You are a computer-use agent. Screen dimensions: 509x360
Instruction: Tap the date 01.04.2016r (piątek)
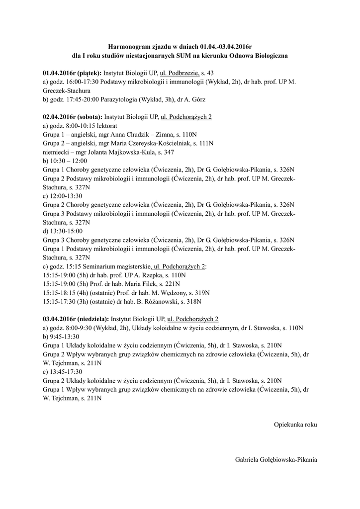[x=73, y=73]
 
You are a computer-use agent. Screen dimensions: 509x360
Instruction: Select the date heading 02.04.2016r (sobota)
[x=73, y=117]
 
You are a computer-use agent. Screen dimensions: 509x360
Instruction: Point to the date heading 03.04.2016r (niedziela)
[x=76, y=319]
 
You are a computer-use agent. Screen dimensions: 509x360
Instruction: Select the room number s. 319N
[x=200, y=293]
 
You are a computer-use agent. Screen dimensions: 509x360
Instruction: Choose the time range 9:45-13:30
[x=66, y=337]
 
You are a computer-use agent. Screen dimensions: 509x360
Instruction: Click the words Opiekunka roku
[x=295, y=424]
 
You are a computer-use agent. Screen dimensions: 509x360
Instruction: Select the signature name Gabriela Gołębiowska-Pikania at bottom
[x=276, y=460]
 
